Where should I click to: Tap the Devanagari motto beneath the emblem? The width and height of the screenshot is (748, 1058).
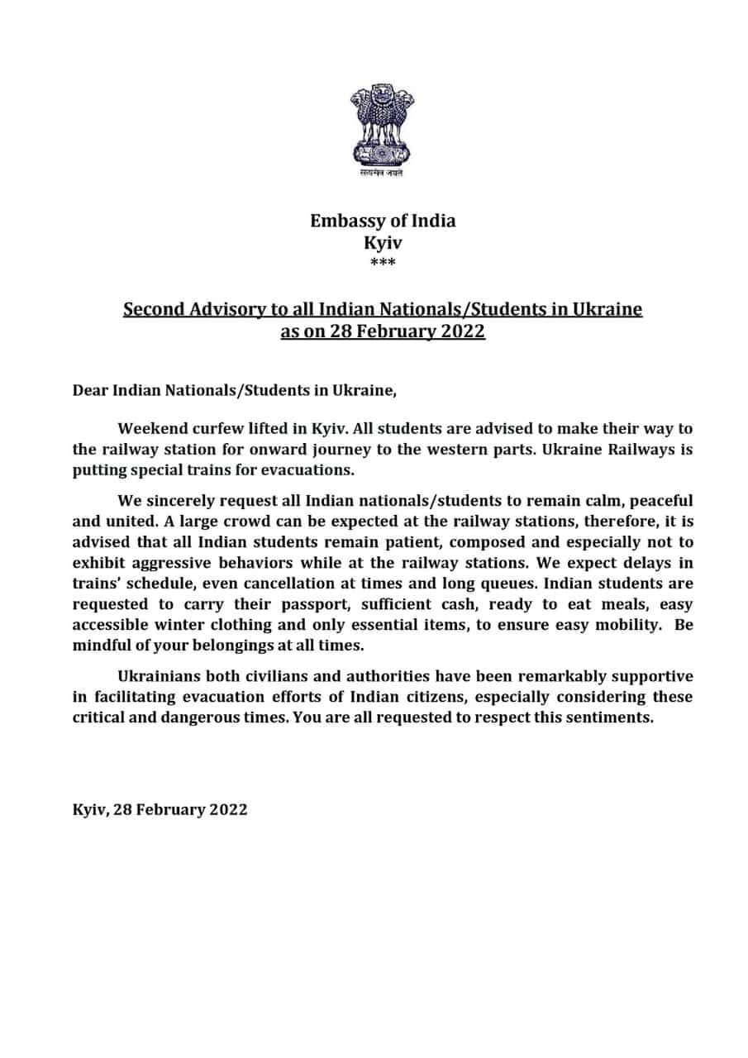point(382,174)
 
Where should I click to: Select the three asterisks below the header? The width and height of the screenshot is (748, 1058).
point(382,264)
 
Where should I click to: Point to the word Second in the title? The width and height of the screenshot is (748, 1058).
point(154,310)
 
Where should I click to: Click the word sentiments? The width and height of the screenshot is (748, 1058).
point(606,717)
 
